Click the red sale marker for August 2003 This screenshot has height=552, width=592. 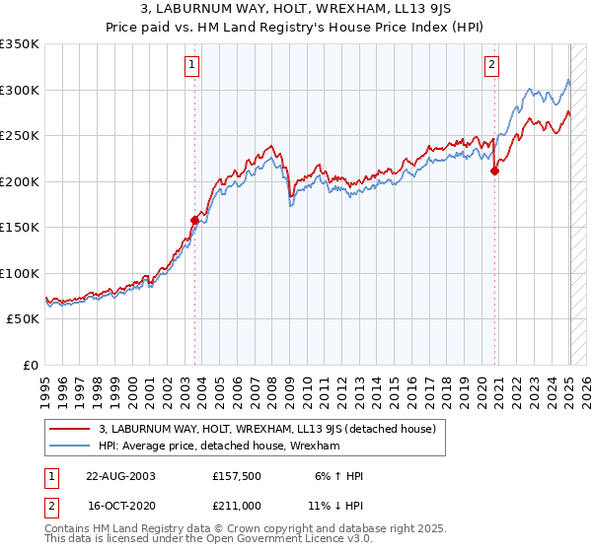click(194, 221)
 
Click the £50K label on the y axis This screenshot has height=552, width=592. click(22, 319)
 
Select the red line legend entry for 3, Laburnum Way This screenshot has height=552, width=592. click(273, 429)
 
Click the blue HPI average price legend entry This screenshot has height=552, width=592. click(219, 447)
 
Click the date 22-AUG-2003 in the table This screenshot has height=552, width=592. click(122, 476)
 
